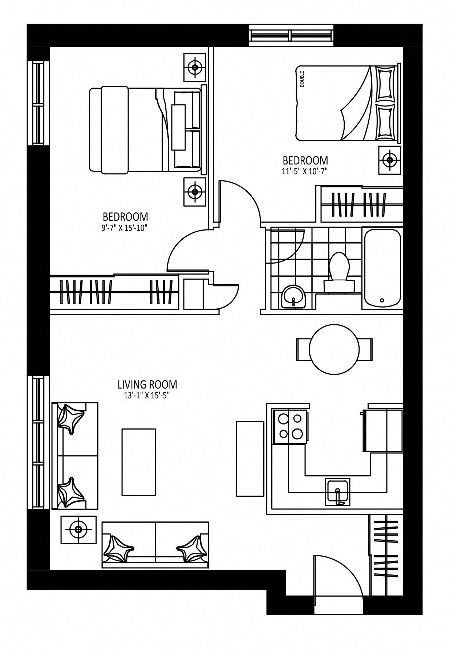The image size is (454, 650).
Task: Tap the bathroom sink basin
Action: (293, 296)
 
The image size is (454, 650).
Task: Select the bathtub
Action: (382, 268)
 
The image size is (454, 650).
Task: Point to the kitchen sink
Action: (337, 492)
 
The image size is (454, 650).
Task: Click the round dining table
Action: (334, 349)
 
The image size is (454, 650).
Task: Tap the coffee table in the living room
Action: (139, 462)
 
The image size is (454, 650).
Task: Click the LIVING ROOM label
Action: (147, 384)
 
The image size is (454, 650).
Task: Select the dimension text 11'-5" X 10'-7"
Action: (305, 171)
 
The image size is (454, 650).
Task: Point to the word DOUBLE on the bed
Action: (302, 78)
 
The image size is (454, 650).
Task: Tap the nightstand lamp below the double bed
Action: (390, 160)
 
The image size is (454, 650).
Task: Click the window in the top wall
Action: (291, 35)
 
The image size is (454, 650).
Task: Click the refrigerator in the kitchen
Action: (382, 431)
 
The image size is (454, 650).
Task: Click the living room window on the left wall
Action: (38, 442)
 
